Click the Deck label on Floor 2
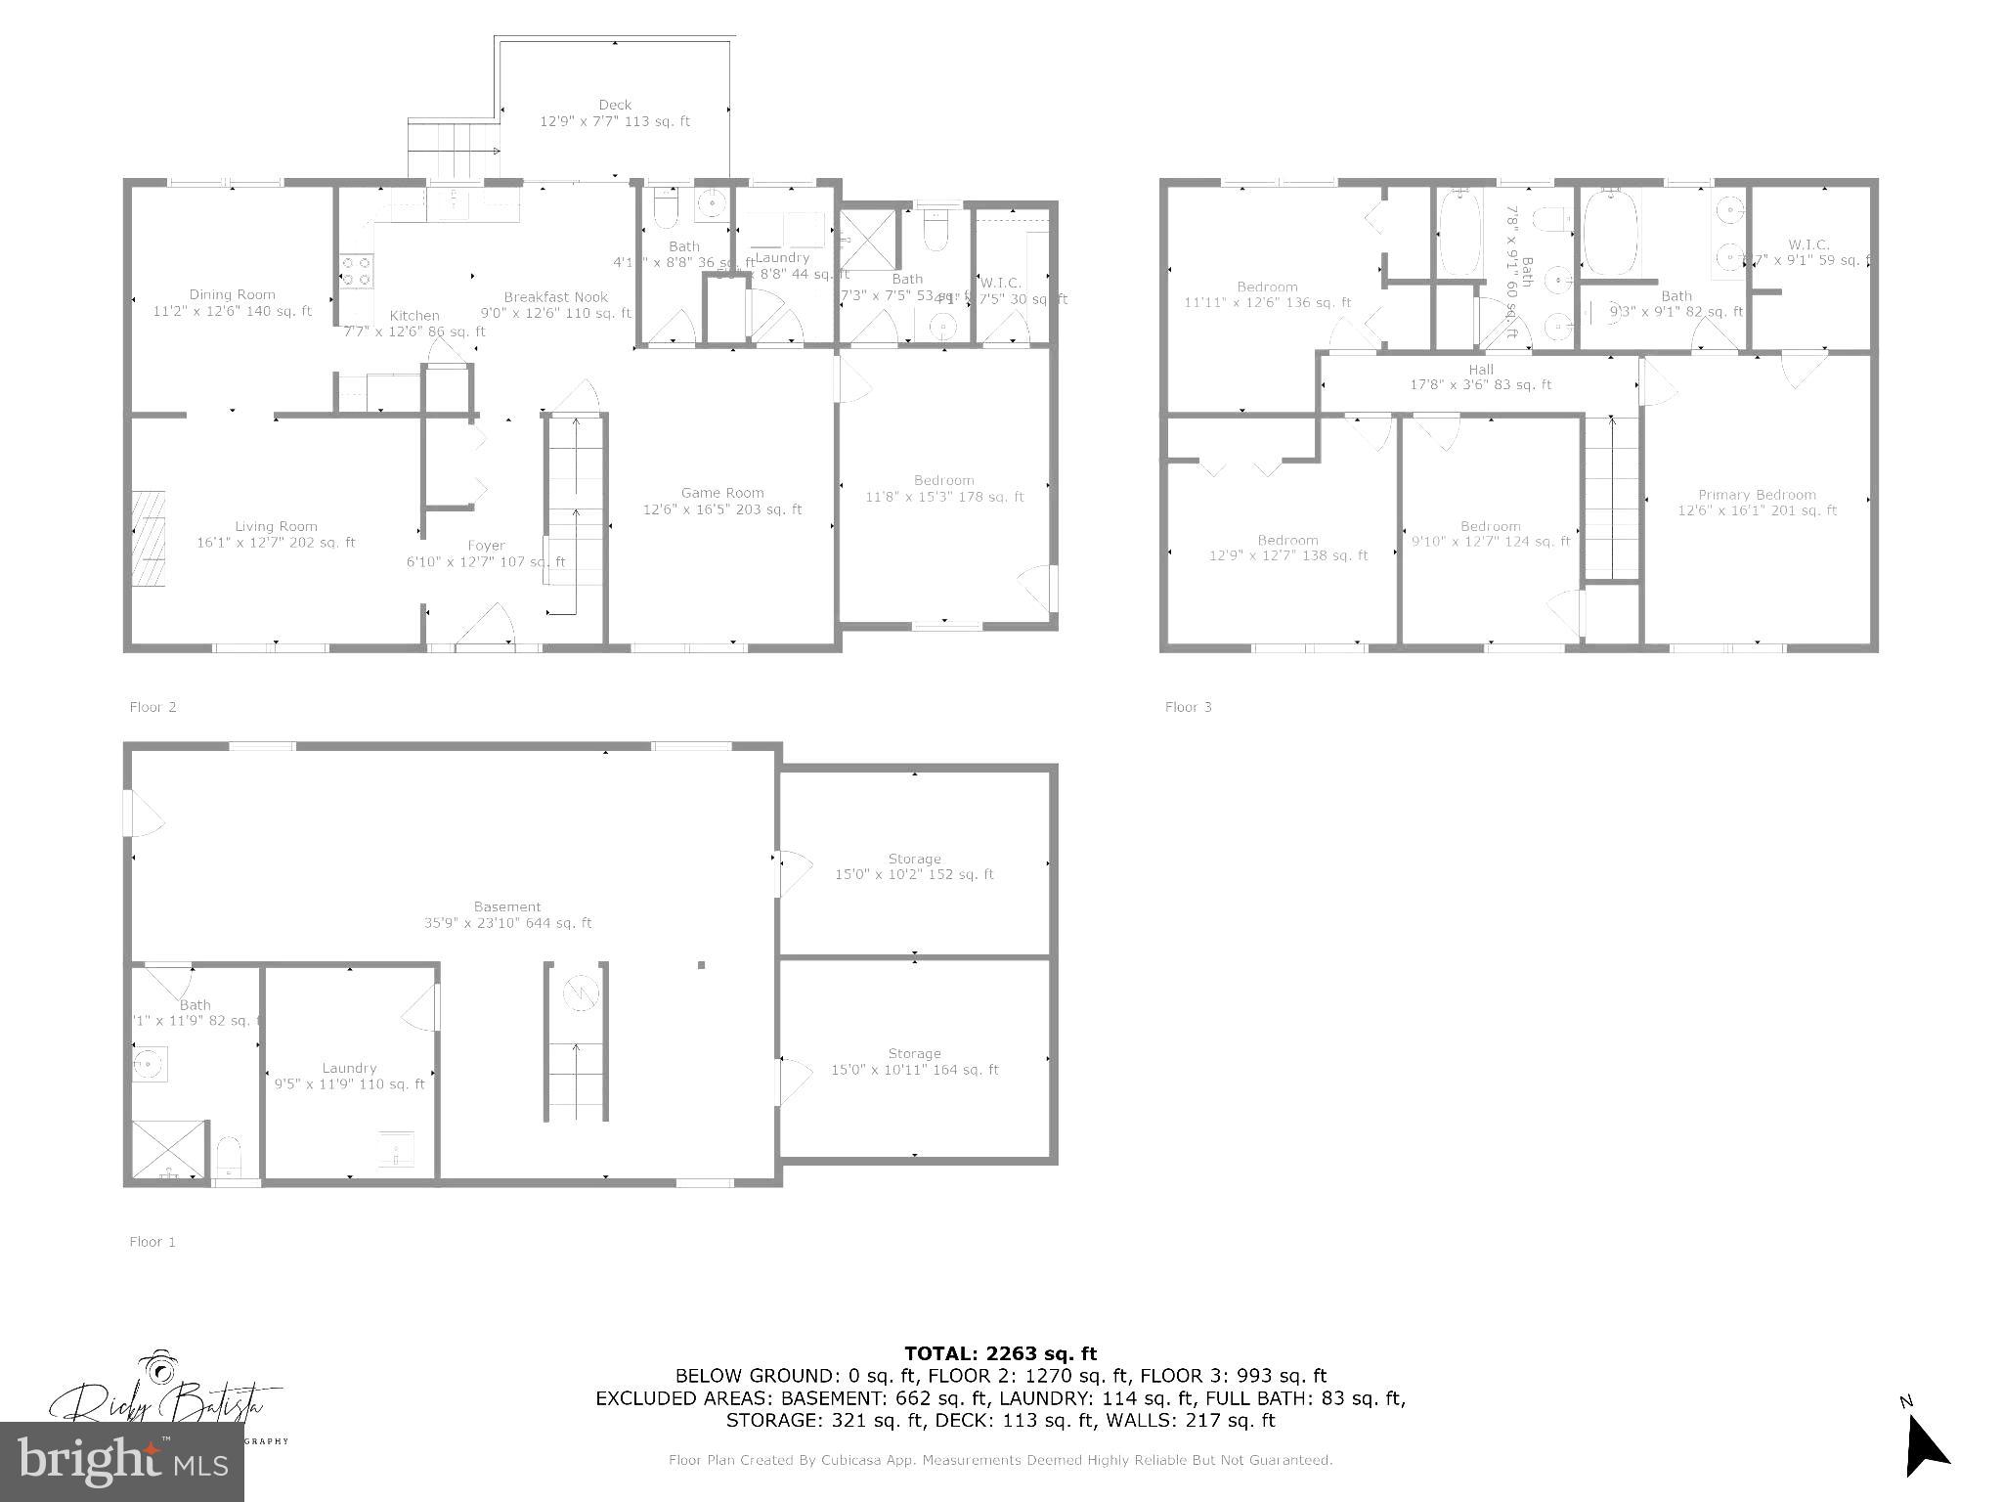615,106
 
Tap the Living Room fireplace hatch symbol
150,538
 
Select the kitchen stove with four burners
355,271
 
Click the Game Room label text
722,494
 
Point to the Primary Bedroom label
1757,496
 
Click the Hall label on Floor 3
1480,371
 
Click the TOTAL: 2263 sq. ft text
1000,1354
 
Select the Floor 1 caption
152,1242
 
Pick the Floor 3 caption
1188,707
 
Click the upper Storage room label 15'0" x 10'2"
914,867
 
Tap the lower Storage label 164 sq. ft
914,1062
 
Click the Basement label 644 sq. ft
507,915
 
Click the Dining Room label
233,295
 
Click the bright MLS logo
122,1462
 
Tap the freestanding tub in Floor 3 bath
1610,233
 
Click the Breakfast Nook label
556,297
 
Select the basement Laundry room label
349,1069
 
